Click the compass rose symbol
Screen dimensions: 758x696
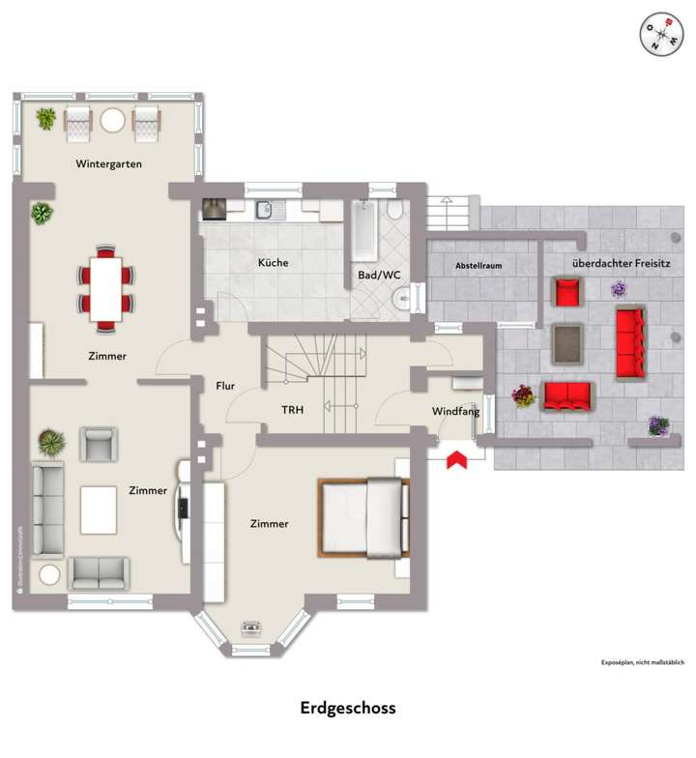click(x=659, y=34)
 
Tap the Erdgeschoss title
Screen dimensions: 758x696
click(x=348, y=709)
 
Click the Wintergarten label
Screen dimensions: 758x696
click(x=109, y=164)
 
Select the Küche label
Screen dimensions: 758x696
click(x=273, y=263)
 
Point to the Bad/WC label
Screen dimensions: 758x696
click(x=379, y=276)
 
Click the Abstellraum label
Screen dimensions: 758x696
click(x=478, y=266)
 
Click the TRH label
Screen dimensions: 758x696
click(x=292, y=410)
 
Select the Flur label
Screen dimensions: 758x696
click(x=226, y=386)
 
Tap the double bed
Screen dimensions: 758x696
click(x=362, y=518)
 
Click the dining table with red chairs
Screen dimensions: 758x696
click(x=105, y=288)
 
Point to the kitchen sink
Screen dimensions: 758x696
click(x=267, y=208)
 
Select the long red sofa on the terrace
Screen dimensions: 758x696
click(x=631, y=343)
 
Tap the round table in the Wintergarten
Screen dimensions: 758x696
click(x=114, y=121)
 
